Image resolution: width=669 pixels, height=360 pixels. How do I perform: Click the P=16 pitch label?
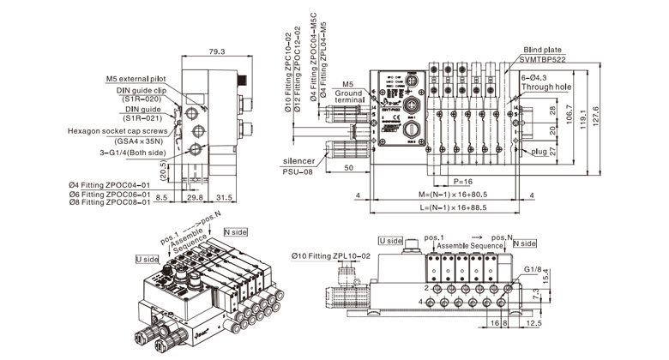click(x=463, y=183)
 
